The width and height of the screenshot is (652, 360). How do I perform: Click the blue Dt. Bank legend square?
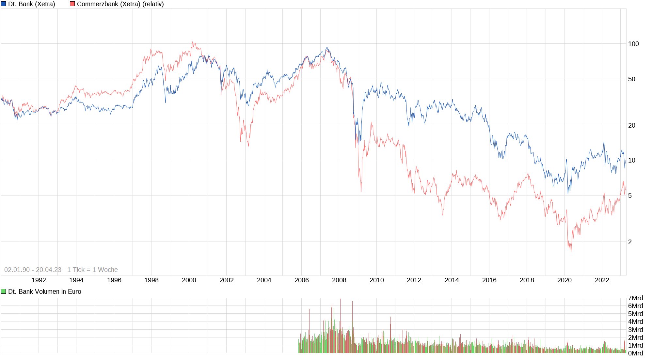coord(3,4)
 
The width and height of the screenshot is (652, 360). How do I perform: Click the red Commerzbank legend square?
coord(72,4)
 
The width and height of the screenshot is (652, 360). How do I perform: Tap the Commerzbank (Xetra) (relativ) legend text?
coord(120,4)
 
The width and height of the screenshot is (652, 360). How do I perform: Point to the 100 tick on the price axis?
coord(633,44)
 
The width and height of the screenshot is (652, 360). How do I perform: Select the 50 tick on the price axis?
coord(631,79)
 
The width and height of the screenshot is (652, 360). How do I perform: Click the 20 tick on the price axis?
coord(631,125)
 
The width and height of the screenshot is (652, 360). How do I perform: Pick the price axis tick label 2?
coord(630,242)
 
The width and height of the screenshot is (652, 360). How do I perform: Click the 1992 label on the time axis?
coord(39,280)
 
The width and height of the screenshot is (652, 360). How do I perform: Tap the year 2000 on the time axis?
coord(189,280)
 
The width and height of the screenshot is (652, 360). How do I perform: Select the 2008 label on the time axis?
coord(339,280)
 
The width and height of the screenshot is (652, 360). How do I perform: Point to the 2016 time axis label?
coord(489,280)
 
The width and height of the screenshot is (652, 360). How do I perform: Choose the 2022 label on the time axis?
coord(602,280)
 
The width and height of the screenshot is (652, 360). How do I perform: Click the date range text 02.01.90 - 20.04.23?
coord(33,270)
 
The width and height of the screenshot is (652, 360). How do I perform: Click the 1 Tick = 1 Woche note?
coord(92,270)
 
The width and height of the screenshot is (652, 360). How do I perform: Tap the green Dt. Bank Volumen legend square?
coord(3,291)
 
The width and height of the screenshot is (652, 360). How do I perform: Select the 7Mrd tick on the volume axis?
coord(635,298)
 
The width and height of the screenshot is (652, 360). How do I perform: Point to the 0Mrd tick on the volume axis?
coord(635,353)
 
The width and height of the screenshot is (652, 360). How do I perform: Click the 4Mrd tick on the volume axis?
coord(635,321)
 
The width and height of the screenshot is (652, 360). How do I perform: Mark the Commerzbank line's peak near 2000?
coord(193,42)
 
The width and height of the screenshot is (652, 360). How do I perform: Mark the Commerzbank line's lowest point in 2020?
coord(571,251)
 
